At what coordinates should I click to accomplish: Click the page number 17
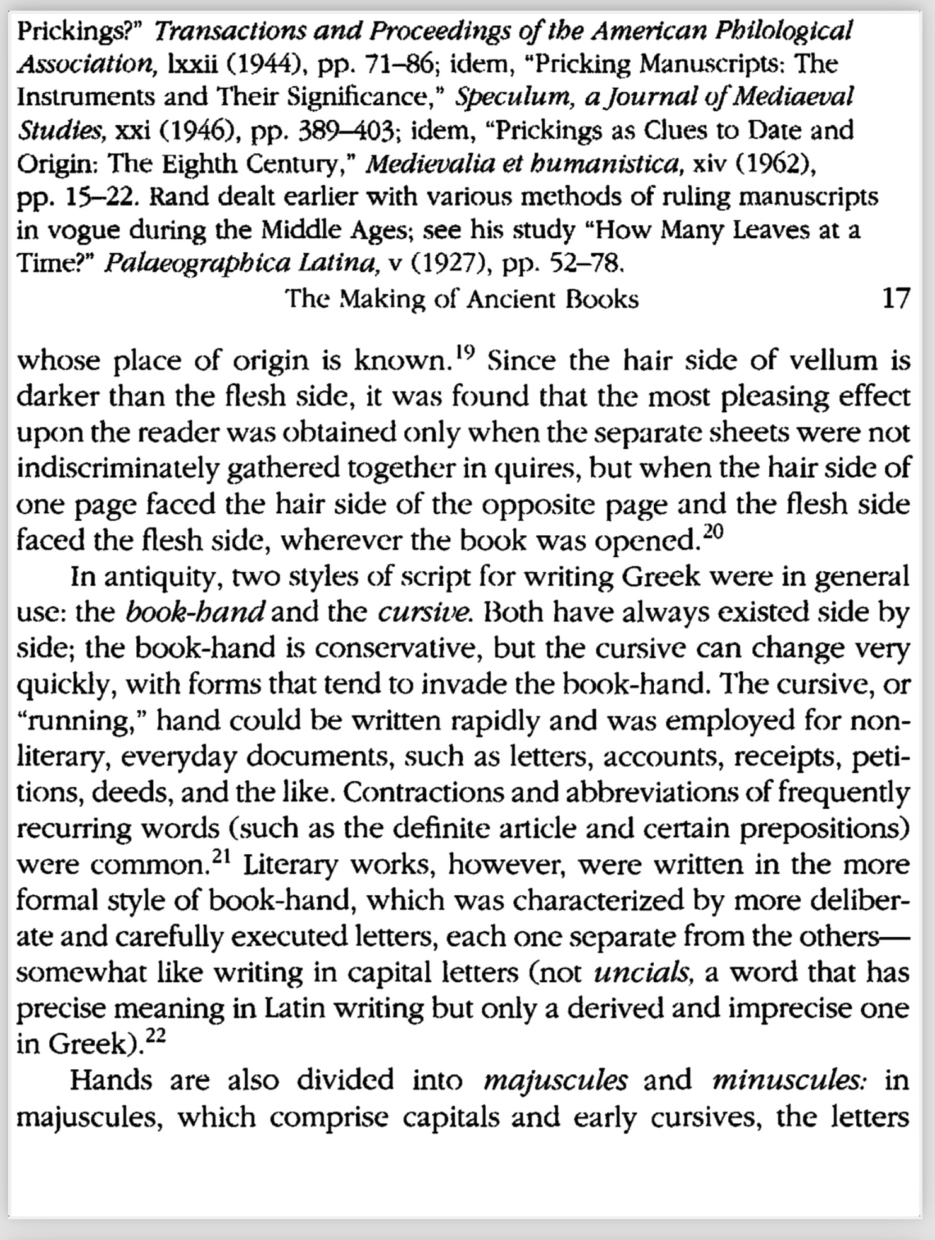(896, 298)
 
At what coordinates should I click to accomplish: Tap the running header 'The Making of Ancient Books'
(462, 299)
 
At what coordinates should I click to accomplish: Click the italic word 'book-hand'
(195, 612)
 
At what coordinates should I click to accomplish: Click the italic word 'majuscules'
(555, 1081)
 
